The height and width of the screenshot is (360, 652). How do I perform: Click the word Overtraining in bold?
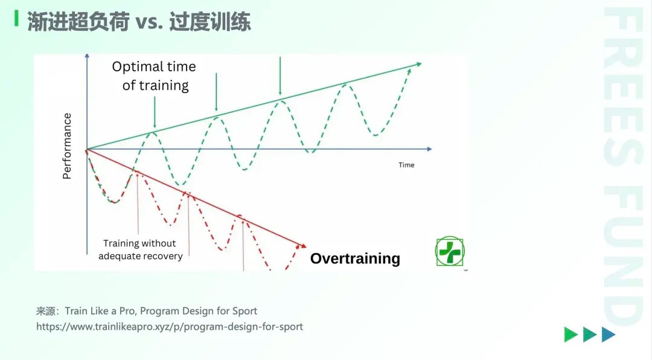[x=355, y=259]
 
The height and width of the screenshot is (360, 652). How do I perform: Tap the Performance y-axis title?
[x=67, y=146]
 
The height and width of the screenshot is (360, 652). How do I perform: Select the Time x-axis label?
[x=406, y=165]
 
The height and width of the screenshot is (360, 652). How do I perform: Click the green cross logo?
[x=450, y=251]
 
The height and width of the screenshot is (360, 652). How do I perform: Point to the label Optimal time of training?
[x=155, y=76]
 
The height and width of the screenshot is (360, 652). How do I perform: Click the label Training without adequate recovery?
[x=140, y=249]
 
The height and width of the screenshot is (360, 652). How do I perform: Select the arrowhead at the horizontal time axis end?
[x=430, y=149]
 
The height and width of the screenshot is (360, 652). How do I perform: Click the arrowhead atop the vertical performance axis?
[x=87, y=56]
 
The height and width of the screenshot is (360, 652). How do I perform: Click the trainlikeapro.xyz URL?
[x=169, y=327]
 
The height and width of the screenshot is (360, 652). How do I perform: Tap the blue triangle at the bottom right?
[x=609, y=335]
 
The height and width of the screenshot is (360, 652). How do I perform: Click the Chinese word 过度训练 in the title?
[x=210, y=22]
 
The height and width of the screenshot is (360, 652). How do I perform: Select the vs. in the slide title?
[x=149, y=22]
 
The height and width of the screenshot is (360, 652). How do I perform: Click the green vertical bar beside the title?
[x=16, y=18]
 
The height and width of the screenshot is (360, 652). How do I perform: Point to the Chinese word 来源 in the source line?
[x=45, y=311]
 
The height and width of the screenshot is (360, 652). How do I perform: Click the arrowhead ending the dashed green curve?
[x=409, y=71]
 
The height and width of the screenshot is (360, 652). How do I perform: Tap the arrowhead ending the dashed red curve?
[x=298, y=247]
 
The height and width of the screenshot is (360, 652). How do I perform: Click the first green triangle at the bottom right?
[x=571, y=335]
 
